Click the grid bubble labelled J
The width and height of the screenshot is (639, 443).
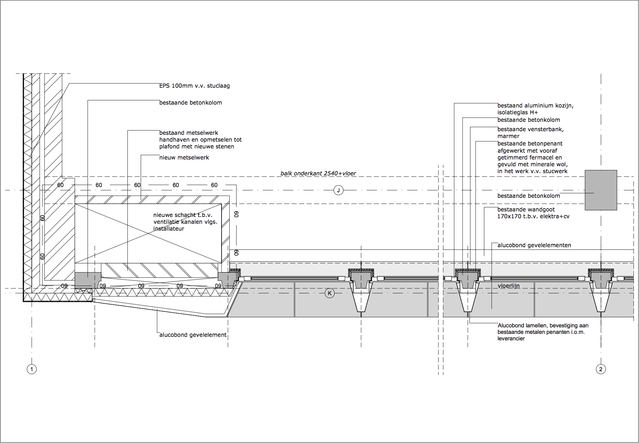[338, 190]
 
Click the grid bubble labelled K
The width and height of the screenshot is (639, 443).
[330, 293]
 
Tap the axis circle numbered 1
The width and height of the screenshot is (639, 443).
[31, 369]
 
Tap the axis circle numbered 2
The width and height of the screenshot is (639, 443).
[601, 369]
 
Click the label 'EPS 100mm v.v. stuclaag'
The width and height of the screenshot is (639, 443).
[194, 86]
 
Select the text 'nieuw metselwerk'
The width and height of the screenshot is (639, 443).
[184, 158]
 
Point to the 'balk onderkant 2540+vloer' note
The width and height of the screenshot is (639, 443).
[318, 173]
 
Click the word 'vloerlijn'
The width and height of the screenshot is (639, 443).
[508, 286]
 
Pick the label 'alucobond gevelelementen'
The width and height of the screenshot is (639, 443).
[534, 245]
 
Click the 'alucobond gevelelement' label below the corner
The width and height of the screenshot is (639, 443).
[193, 335]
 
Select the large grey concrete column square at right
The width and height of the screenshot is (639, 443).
[601, 190]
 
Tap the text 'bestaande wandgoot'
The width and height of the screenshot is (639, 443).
[526, 209]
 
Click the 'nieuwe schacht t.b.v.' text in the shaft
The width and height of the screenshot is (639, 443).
[183, 215]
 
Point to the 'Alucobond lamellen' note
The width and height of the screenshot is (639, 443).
[543, 325]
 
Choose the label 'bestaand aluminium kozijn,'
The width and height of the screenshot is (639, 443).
[535, 106]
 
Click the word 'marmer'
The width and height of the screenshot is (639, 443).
[508, 136]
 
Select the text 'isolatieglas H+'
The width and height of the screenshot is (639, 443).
[517, 112]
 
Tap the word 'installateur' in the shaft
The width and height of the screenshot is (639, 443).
[169, 229]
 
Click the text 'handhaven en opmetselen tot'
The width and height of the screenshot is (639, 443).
[200, 140]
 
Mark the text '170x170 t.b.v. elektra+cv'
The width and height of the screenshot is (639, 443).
[533, 216]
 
